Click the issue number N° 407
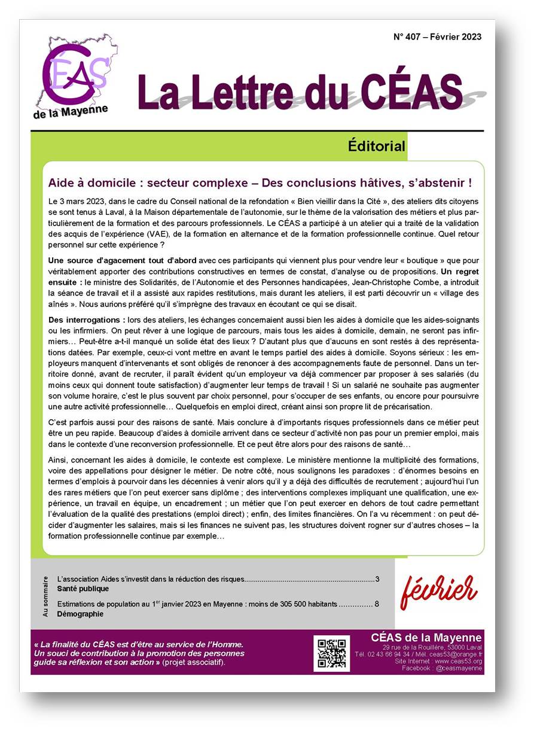[411, 37]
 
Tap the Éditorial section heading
[376, 146]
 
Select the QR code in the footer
[331, 653]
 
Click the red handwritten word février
[439, 590]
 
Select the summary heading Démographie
[80, 614]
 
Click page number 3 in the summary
[377, 579]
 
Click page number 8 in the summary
[377, 604]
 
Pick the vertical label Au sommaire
[45, 596]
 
